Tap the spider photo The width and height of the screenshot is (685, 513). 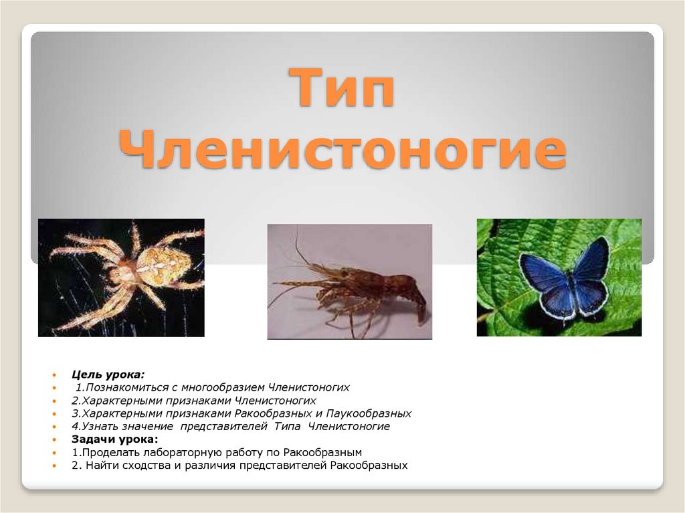pyautogui.click(x=121, y=278)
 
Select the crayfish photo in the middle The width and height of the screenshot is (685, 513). pyautogui.click(x=350, y=282)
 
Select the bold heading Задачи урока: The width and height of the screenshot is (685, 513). pyautogui.click(x=114, y=439)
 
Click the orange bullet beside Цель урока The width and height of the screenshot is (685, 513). pyautogui.click(x=57, y=374)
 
